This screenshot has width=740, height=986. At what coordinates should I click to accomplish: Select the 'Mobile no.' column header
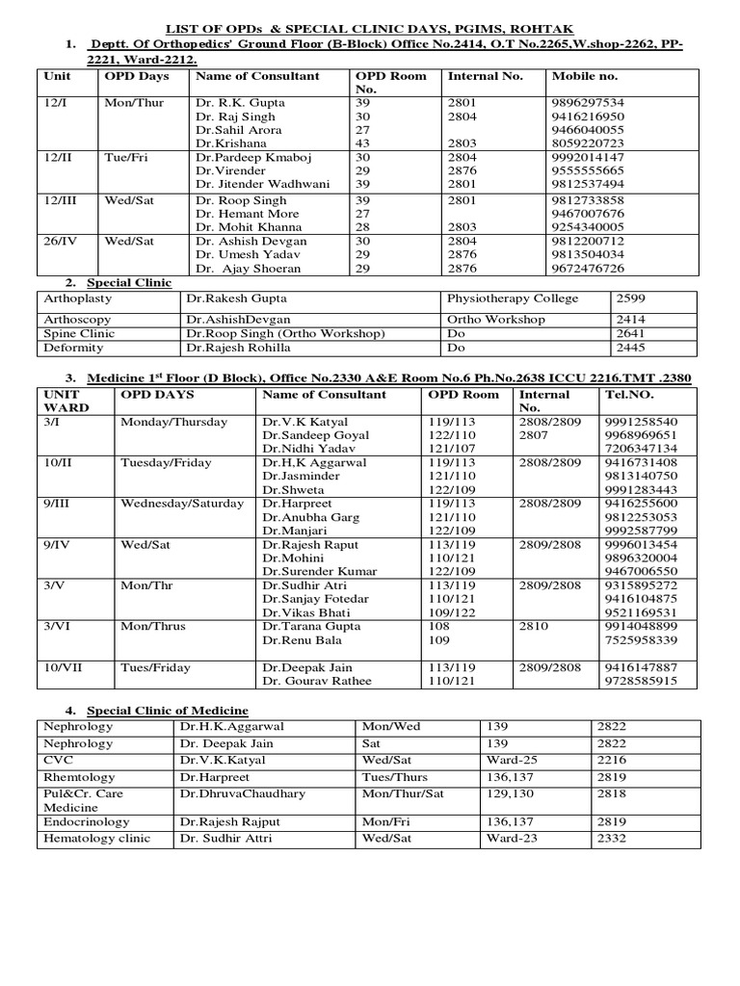pos(584,76)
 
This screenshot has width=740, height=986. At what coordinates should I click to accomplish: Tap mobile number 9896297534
pos(587,103)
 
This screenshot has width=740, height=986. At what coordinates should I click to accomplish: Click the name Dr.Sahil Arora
pos(238,130)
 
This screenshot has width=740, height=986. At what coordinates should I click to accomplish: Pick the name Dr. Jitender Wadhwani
pos(262,184)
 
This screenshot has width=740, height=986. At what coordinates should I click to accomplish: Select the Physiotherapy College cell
pos(512,298)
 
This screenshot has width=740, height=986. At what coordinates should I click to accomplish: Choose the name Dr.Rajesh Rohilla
pos(239,348)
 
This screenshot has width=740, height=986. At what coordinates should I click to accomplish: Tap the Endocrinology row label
pos(92,822)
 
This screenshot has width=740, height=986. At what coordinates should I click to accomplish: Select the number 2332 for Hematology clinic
pos(612,839)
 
